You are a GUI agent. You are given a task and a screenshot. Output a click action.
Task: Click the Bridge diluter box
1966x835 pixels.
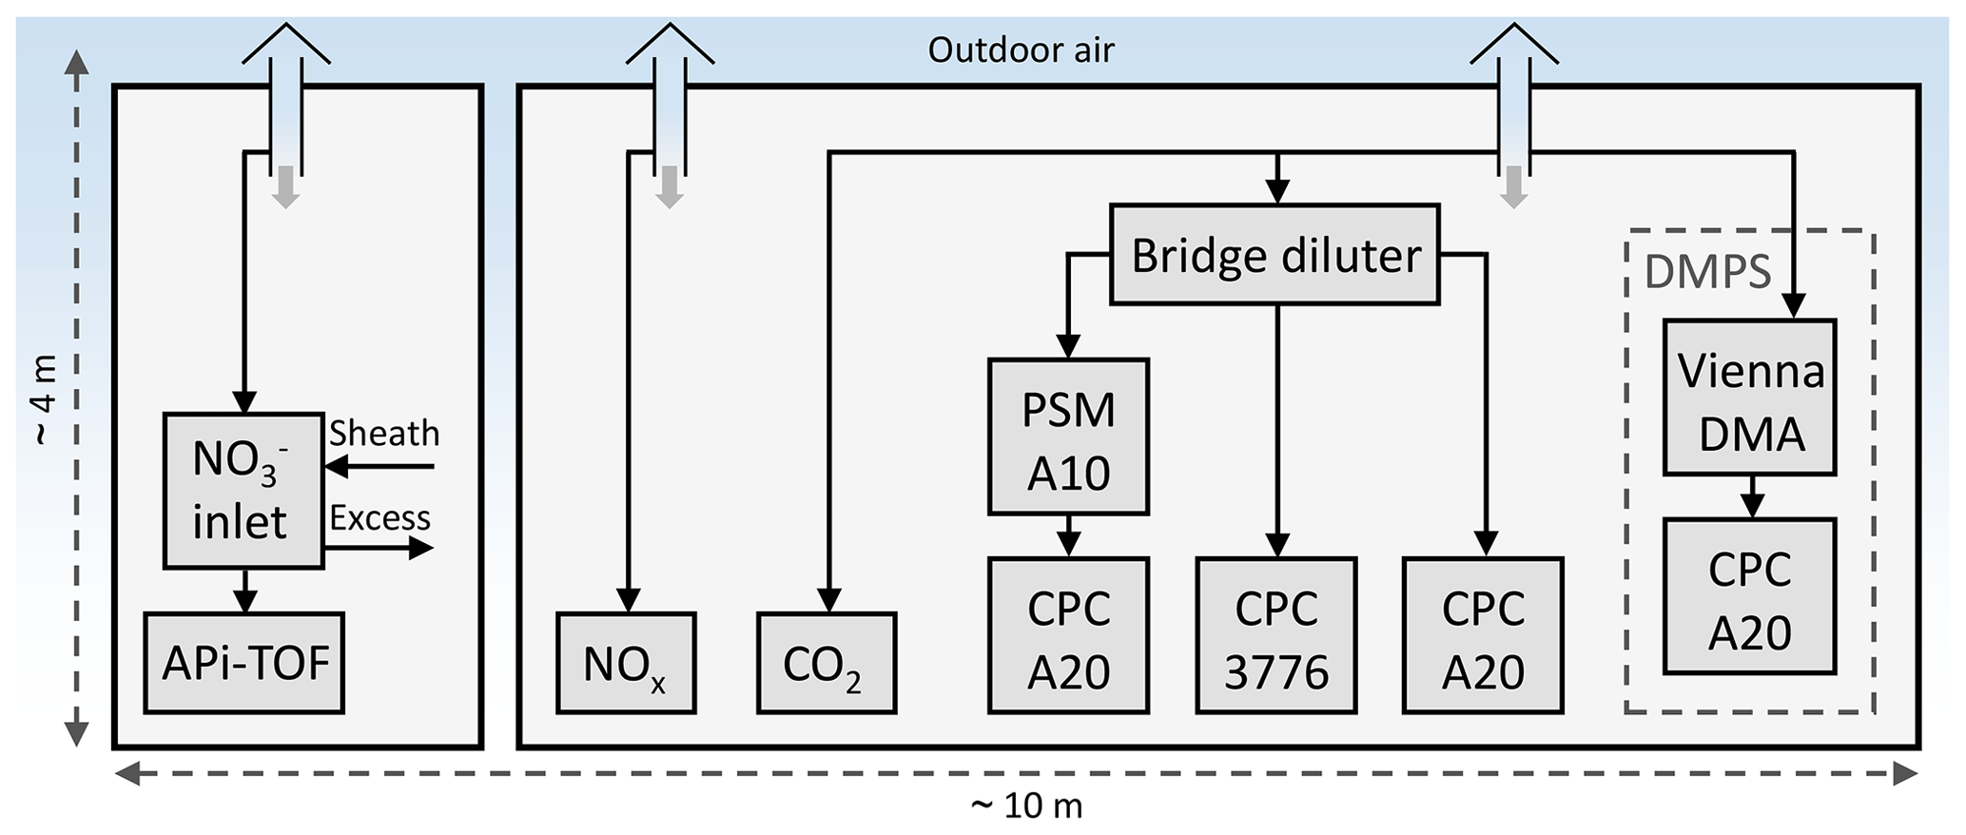click(1275, 255)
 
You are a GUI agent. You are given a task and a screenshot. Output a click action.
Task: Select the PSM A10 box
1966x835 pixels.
click(1068, 437)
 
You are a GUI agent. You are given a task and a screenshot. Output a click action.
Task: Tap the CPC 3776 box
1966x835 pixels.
click(1275, 635)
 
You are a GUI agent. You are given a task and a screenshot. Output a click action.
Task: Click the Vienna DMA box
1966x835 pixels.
click(1749, 398)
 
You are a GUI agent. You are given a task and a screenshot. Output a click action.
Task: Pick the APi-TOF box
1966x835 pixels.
click(244, 663)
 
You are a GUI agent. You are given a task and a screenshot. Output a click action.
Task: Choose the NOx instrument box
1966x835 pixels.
click(626, 663)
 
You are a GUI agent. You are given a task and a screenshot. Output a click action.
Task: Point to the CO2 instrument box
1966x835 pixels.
click(827, 663)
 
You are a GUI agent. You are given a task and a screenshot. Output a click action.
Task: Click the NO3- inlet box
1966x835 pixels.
click(243, 491)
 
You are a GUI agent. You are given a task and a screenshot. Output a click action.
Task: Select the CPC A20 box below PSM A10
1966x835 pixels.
click(1068, 635)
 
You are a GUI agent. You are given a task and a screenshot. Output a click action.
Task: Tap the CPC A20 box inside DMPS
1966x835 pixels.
click(1749, 597)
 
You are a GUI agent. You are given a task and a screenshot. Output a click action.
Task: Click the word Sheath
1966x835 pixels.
click(384, 434)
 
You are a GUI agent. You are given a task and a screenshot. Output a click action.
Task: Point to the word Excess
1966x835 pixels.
click(380, 518)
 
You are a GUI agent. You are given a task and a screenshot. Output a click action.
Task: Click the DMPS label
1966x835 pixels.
click(1707, 273)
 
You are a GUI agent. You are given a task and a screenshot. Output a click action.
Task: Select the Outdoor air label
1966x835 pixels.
click(1021, 49)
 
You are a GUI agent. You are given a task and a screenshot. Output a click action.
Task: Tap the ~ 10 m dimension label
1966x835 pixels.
click(1026, 806)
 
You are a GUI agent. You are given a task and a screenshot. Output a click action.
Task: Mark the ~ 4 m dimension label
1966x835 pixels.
click(44, 399)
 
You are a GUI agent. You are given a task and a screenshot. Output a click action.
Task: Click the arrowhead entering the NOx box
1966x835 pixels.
click(627, 601)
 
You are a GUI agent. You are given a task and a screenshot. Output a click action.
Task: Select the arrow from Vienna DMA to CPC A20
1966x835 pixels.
click(1751, 497)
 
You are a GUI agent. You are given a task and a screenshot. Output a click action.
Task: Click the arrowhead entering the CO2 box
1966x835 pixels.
click(828, 601)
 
